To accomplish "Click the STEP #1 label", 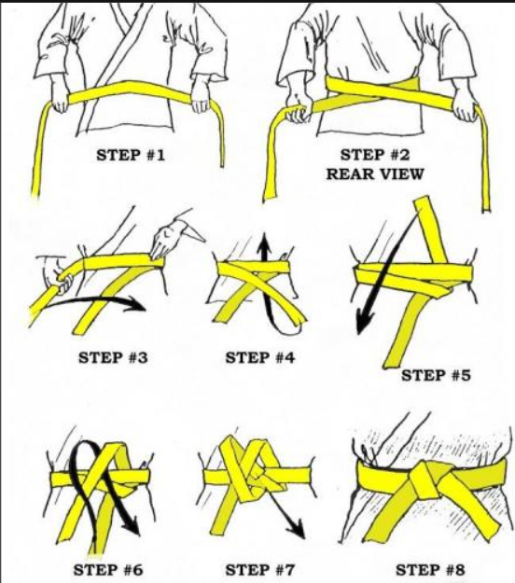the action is click(130, 155).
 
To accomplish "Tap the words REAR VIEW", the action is click(375, 174).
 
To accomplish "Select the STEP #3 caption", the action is click(113, 357).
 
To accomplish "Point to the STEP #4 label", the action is click(260, 357).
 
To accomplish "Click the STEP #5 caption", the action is click(436, 375).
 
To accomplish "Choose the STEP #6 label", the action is click(108, 570).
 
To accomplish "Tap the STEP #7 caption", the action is click(260, 570).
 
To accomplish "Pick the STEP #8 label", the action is click(430, 570).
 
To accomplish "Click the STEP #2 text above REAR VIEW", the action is click(375, 155).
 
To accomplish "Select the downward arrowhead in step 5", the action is click(364, 323).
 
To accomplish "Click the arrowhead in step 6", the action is click(132, 525).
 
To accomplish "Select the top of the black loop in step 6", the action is click(85, 443).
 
